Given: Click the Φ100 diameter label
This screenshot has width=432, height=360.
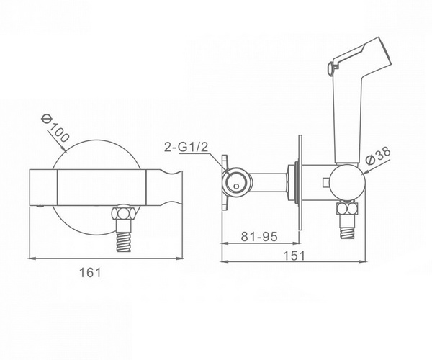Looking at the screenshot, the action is (55, 128).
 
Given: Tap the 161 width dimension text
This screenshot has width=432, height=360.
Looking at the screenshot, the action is (90, 273).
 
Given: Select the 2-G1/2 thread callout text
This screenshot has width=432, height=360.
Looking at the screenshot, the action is (186, 147).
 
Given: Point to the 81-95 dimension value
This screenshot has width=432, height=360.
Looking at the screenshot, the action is (259, 236).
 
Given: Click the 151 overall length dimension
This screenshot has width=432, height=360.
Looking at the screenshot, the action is (294, 256).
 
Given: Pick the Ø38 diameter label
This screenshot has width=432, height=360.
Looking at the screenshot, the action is (379, 156).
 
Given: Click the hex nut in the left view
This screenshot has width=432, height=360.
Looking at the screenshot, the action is (124, 213).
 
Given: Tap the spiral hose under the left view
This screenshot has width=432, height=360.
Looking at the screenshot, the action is (124, 242).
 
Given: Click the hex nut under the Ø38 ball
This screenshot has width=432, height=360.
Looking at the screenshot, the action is (348, 209).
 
